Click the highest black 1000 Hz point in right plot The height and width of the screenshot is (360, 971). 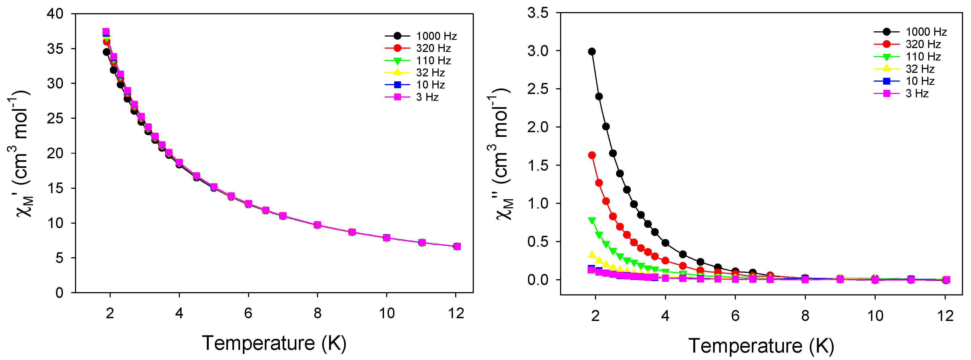pos(592,52)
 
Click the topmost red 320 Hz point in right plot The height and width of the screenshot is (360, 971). pos(592,155)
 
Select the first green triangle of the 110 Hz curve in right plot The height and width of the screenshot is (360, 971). pos(592,220)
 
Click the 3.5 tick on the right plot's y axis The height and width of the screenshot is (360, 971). pos(538,13)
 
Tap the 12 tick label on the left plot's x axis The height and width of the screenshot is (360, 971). pos(456,313)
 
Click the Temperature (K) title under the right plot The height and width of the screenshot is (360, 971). pos(761,346)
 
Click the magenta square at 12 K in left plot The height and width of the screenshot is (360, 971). pos(457,247)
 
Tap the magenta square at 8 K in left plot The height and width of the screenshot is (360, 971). pos(317,225)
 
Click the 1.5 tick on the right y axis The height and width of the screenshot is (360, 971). pos(538,165)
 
